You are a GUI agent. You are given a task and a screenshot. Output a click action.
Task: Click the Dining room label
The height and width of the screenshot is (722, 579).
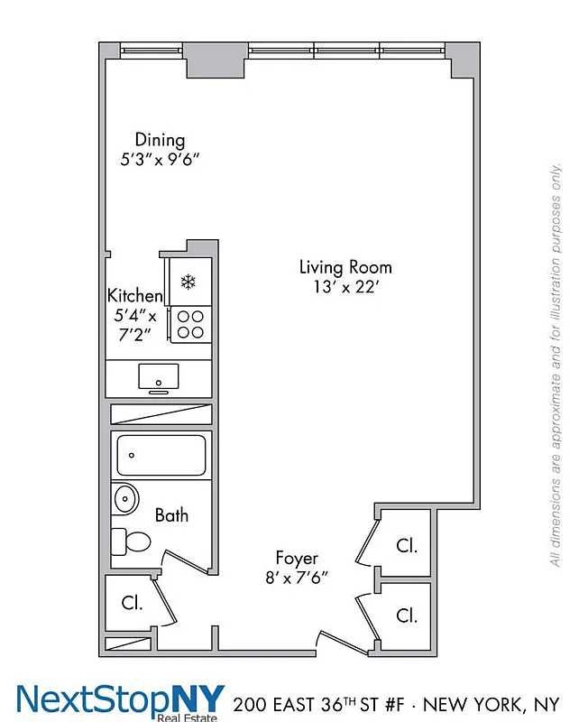160,140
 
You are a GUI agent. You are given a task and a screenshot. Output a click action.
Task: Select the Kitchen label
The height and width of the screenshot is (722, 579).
135,295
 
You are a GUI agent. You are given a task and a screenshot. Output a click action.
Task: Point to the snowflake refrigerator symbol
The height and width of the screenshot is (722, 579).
188,282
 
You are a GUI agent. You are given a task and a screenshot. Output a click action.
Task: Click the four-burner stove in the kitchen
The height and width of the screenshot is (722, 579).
189,324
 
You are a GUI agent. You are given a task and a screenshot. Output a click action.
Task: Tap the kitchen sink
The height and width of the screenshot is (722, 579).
158,377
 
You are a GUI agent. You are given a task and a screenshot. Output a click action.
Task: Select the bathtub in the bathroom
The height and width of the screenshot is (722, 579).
161,454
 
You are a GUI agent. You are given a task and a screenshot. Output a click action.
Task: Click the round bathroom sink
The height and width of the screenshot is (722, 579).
124,498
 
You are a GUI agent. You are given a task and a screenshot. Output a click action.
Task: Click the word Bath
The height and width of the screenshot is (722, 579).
171,515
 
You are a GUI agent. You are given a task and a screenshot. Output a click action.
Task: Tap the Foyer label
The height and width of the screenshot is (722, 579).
297,559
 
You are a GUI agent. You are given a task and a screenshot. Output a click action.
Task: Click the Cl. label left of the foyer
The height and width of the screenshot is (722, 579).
132,603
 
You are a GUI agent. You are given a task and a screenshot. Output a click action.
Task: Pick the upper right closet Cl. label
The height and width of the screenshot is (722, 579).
407,545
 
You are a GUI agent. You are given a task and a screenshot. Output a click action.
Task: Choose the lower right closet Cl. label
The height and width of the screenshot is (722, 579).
407,616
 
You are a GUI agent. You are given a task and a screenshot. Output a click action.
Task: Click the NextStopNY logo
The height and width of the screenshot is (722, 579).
120,700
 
